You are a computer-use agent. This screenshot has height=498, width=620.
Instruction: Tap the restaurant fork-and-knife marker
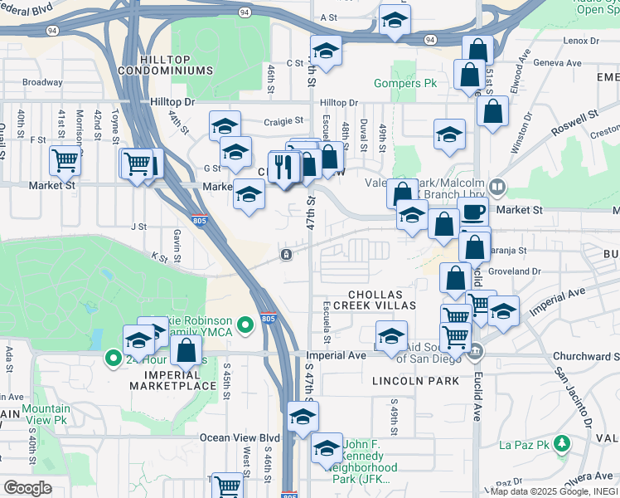coord(284,166)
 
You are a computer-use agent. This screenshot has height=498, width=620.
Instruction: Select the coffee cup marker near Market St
coord(473,212)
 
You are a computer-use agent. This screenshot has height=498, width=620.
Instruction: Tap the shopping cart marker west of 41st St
coord(65,160)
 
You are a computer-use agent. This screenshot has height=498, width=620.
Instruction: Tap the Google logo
coord(27,488)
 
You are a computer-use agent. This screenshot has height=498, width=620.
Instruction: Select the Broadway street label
coord(42,82)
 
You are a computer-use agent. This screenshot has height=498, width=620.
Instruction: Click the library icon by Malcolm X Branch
coord(497,187)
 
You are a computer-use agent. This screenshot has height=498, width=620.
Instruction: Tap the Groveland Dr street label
coord(513,271)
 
